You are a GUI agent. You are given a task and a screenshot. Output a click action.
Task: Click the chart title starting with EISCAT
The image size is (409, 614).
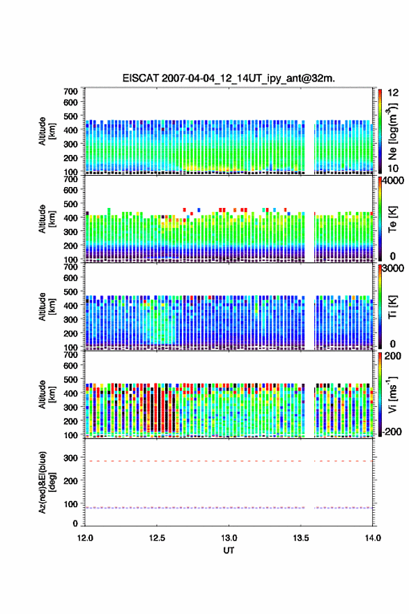(x=229, y=78)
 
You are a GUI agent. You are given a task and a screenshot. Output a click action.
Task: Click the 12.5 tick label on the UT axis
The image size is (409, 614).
(x=157, y=538)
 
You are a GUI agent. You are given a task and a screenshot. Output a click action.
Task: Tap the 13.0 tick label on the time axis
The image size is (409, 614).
(x=229, y=538)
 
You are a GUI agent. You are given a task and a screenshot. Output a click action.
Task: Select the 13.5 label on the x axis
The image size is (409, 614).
(x=301, y=538)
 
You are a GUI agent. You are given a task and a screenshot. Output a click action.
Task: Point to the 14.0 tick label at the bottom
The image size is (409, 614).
(x=373, y=538)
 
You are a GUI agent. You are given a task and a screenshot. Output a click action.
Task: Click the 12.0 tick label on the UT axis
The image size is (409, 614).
(x=85, y=538)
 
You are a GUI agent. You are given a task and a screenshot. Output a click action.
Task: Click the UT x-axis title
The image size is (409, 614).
(x=229, y=551)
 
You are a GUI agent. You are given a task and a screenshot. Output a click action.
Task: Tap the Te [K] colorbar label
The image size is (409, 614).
(x=392, y=219)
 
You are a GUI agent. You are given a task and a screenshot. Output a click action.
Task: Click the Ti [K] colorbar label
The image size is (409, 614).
(x=392, y=307)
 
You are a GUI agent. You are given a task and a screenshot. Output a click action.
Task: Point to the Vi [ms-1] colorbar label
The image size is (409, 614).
(x=392, y=395)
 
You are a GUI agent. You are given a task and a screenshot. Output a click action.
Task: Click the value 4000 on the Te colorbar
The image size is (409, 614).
(x=393, y=181)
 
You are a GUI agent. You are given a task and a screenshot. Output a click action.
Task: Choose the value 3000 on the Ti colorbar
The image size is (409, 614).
(x=393, y=269)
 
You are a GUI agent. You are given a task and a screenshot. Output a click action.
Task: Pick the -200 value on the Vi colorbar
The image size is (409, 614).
(x=392, y=431)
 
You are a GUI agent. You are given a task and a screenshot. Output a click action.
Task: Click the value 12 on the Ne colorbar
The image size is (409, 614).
(x=393, y=93)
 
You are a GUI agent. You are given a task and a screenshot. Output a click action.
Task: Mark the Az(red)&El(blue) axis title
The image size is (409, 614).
(x=47, y=482)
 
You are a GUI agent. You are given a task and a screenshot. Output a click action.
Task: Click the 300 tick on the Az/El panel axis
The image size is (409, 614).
(x=71, y=458)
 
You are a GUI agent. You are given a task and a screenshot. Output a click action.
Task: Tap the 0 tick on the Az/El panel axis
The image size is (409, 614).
(x=75, y=523)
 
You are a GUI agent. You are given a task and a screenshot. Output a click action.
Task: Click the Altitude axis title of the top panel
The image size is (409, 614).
(x=47, y=131)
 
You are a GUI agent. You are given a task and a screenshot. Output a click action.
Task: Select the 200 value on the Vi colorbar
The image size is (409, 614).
(x=393, y=356)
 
